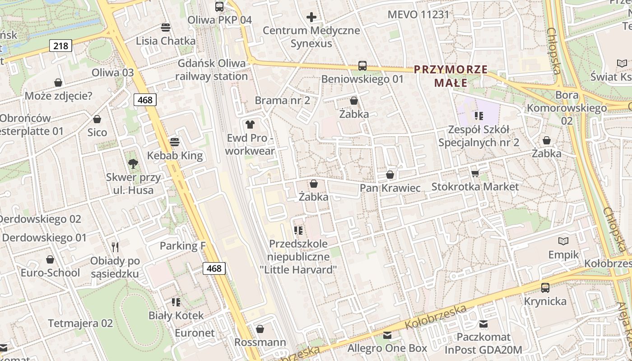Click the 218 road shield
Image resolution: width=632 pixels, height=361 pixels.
[60, 46]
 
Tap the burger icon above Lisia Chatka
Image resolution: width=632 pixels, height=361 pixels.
[166, 28]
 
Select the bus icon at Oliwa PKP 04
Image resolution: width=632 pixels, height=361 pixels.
[219, 6]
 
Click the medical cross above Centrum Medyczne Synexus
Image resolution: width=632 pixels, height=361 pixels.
[311, 18]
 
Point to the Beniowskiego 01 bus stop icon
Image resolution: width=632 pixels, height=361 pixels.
[362, 66]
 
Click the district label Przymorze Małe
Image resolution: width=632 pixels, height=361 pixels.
[451, 76]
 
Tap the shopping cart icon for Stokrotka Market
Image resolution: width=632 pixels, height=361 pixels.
[474, 173]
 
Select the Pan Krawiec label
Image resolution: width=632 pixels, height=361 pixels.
[390, 188]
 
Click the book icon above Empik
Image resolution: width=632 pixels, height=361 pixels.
[563, 241]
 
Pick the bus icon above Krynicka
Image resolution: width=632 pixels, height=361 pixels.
[545, 287]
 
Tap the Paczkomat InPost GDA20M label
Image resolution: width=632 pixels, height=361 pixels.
[483, 343]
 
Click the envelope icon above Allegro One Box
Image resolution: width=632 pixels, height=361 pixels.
[387, 335]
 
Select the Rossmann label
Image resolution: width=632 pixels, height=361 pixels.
[260, 342]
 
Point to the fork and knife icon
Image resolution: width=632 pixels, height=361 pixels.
[115, 247]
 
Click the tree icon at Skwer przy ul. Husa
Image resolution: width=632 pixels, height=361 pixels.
[133, 163]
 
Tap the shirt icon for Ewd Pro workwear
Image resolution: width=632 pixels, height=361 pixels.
[250, 124]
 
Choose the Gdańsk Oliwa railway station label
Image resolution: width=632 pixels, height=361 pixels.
[212, 69]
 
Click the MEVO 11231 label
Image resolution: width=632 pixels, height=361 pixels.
[418, 14]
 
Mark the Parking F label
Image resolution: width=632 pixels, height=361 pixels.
[182, 246]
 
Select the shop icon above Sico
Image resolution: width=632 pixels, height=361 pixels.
[97, 119]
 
